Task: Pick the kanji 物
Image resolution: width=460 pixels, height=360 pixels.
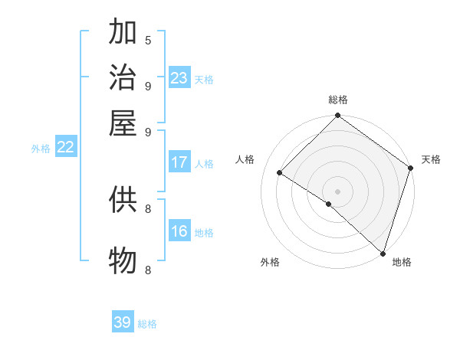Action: (123, 260)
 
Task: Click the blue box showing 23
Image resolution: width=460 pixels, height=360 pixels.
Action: (179, 78)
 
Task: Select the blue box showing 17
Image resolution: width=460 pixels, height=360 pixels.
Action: (179, 162)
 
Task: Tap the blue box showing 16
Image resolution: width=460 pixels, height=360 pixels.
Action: (179, 231)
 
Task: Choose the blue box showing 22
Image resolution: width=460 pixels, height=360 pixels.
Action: (65, 148)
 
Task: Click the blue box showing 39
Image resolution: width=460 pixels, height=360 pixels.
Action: (123, 322)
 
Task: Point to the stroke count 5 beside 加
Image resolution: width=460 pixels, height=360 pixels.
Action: (148, 40)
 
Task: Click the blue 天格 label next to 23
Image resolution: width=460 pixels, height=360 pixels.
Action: (204, 80)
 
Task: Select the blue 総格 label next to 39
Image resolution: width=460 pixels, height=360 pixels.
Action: (147, 324)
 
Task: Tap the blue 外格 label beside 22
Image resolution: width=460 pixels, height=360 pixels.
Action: (40, 149)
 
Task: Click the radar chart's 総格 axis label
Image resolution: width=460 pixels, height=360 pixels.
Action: (337, 100)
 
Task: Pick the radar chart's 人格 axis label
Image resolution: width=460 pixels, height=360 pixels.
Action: (245, 159)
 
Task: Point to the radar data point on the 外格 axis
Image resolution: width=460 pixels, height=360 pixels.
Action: (328, 204)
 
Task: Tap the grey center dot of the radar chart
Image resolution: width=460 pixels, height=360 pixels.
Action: (337, 191)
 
